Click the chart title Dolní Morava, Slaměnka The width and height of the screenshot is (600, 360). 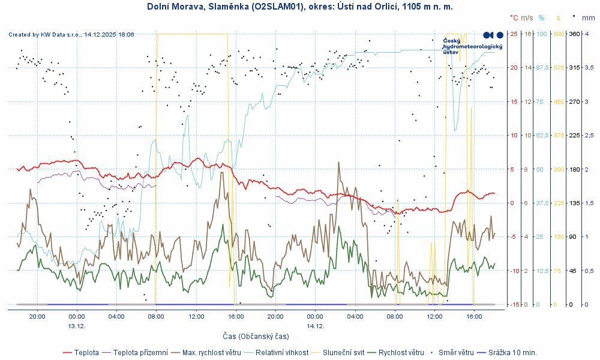click(299, 7)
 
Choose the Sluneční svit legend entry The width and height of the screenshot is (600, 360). click(343, 353)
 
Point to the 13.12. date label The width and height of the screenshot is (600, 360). click(77, 326)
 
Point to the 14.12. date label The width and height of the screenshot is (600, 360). click(315, 326)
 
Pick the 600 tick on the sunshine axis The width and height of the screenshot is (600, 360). click(559, 34)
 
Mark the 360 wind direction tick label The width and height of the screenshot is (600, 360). click(574, 34)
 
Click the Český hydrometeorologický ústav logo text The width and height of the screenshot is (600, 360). click(472, 46)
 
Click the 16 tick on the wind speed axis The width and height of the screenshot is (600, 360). click(528, 34)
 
